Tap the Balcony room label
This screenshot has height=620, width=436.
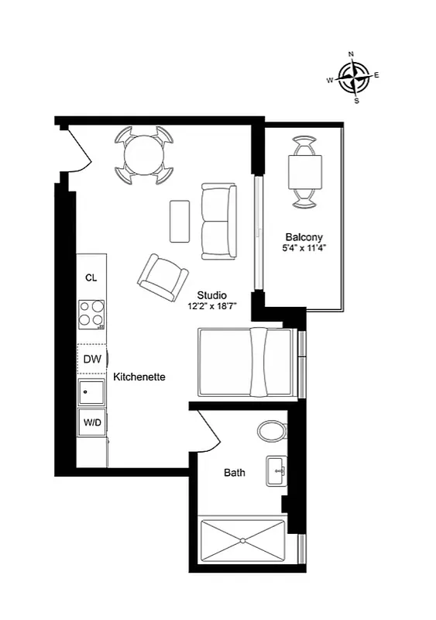(x=304, y=237)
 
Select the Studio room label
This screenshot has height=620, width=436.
(x=211, y=295)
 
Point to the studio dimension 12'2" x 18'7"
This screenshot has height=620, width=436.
(x=211, y=306)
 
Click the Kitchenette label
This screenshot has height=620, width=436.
(x=139, y=377)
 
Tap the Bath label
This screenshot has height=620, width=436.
(x=235, y=472)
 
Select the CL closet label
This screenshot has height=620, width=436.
(x=91, y=277)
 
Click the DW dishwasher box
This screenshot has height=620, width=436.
(x=92, y=359)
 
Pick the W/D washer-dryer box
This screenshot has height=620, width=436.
(x=92, y=422)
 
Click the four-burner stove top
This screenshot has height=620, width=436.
(x=92, y=315)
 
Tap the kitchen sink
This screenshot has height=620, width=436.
(x=92, y=391)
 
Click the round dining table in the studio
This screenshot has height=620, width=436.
(x=144, y=154)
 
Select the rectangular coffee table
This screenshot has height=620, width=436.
(x=180, y=221)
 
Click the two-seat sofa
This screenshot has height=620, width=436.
(x=217, y=221)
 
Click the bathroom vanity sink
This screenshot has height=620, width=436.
(x=276, y=470)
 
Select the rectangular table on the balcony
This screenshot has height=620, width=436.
(x=304, y=172)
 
